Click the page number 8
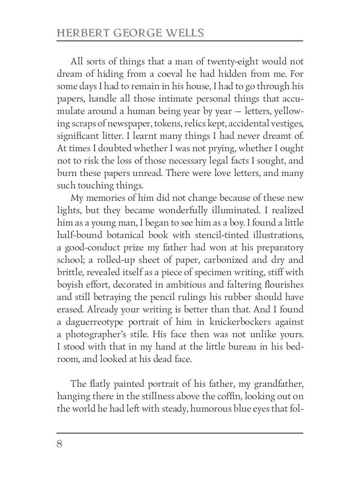pyautogui.click(x=60, y=444)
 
